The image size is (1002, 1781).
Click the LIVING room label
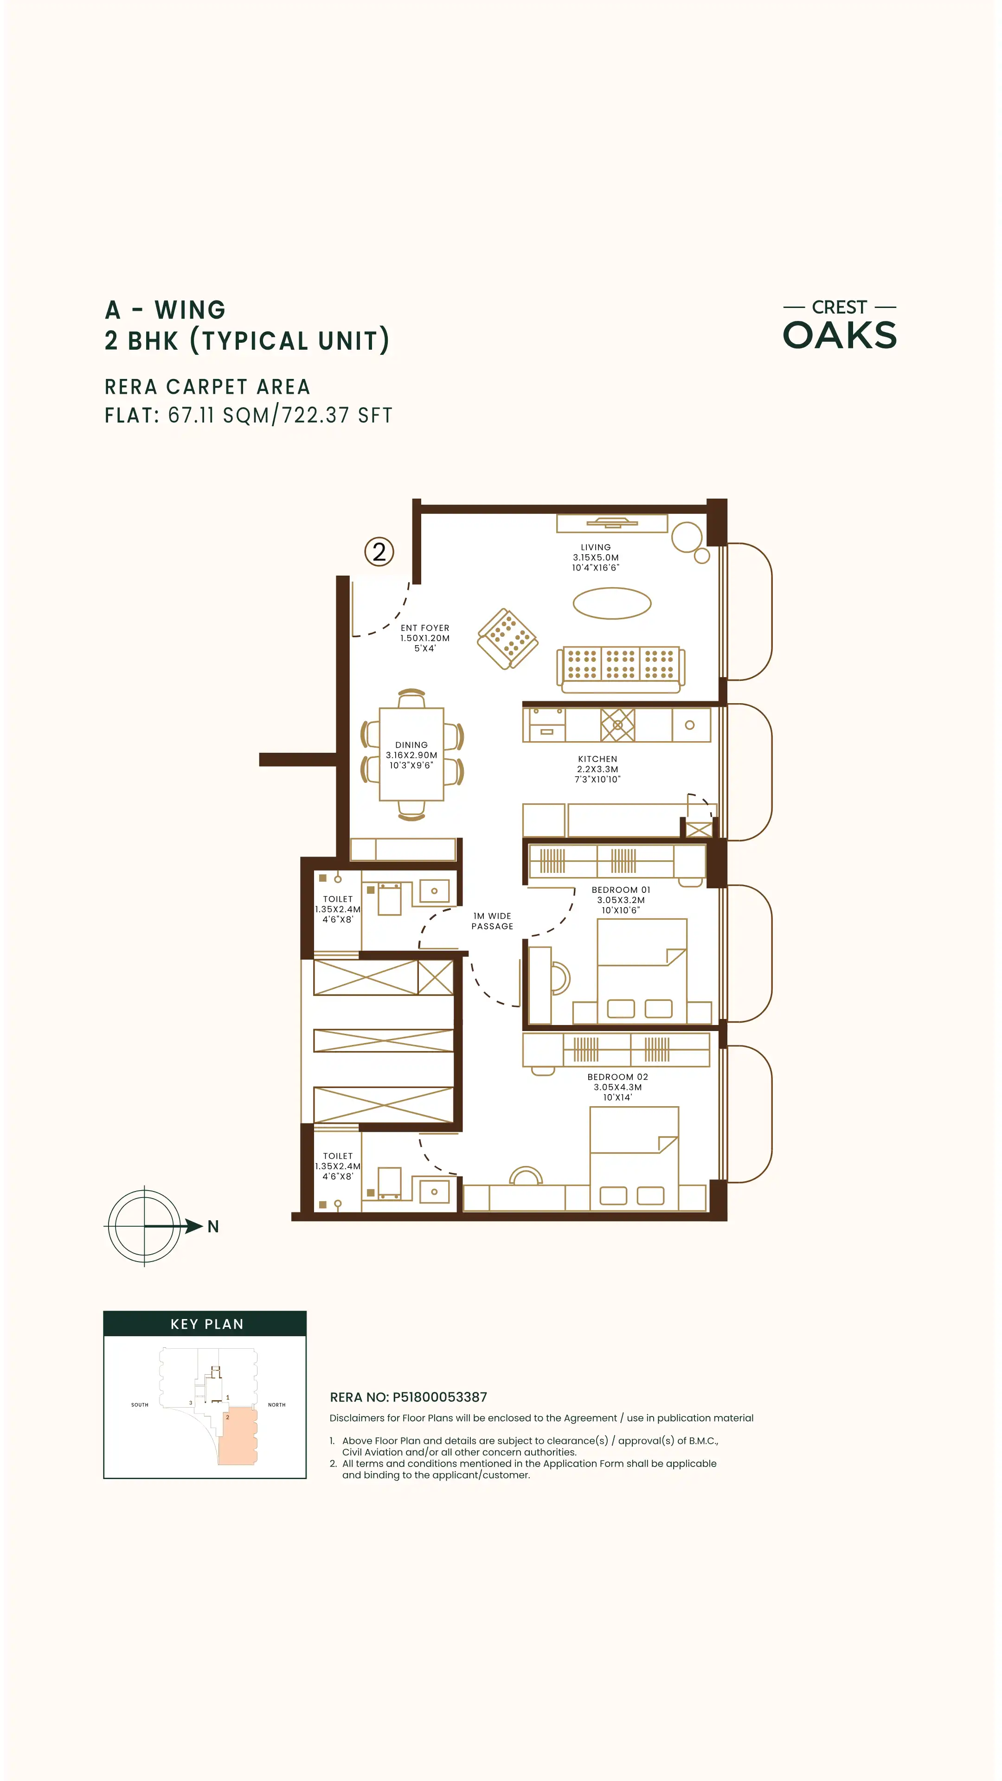595,547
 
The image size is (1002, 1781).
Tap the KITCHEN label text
597,758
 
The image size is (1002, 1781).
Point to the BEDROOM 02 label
617,1076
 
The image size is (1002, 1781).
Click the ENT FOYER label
424,628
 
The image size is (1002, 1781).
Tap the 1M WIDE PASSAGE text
492,921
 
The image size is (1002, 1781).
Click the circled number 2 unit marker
379,552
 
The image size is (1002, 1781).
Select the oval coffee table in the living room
612,603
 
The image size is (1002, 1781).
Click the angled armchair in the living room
507,639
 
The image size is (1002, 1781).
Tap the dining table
411,754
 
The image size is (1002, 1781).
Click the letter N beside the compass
213,1226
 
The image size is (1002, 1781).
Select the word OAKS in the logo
840,335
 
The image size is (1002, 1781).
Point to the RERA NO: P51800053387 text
409,1397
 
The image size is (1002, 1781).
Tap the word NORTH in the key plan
276,1405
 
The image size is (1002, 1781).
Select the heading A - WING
165,310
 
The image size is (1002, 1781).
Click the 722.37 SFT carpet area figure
337,415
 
